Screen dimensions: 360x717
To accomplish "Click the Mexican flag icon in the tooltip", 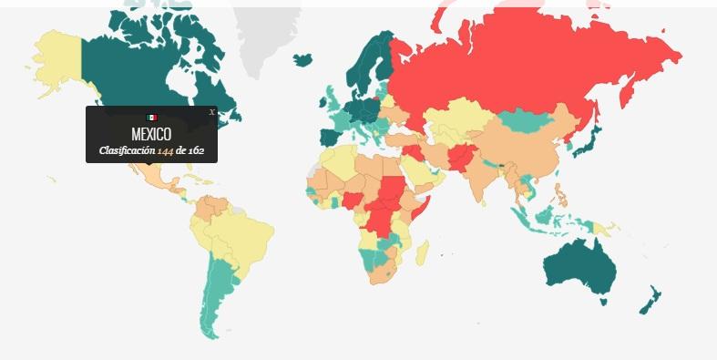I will (x=151, y=118).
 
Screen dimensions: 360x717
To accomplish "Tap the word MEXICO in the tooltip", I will (x=151, y=134).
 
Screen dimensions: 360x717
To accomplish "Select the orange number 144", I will (x=166, y=150).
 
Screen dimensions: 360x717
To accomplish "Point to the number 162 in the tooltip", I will (x=197, y=150).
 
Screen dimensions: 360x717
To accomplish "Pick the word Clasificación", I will (x=127, y=150).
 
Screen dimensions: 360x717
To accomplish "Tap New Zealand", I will (x=651, y=299).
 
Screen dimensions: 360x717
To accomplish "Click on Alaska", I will (x=56, y=59).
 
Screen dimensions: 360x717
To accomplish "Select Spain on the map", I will (x=330, y=139).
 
